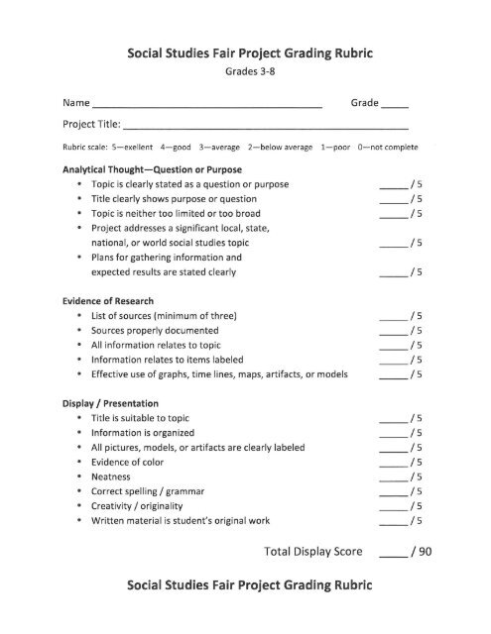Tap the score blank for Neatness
tap(394, 477)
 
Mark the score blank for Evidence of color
tap(394, 463)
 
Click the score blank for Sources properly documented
tap(394, 331)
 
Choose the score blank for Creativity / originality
tap(394, 506)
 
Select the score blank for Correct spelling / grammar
tap(394, 492)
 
